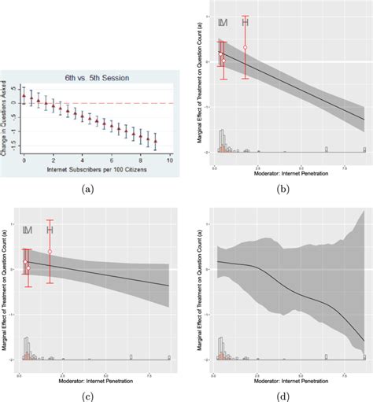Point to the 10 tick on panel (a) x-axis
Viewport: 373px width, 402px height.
point(170,160)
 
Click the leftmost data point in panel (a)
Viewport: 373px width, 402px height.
point(24,96)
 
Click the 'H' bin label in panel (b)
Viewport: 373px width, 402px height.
point(245,22)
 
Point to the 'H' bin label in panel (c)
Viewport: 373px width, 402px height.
point(50,229)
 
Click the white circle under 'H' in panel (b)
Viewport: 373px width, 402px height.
point(245,47)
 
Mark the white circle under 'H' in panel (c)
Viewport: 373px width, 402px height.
point(50,252)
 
